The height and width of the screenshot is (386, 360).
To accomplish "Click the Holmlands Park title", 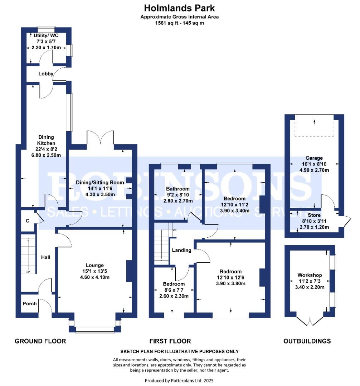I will pyautogui.click(x=179, y=8).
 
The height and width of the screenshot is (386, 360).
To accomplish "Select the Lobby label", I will pyautogui.click(x=46, y=74).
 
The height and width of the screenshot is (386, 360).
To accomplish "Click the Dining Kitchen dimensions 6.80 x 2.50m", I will pyautogui.click(x=46, y=155).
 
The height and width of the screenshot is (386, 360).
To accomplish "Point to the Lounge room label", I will pyautogui.click(x=94, y=265).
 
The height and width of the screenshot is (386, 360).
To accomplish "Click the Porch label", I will pyautogui.click(x=30, y=304).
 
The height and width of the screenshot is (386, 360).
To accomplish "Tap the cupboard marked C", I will pyautogui.click(x=27, y=221).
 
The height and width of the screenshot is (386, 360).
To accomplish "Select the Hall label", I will pyautogui.click(x=45, y=257).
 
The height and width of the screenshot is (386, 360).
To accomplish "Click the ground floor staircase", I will pyautogui.click(x=28, y=254).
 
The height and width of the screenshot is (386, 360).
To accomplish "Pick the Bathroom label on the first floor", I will pyautogui.click(x=177, y=189).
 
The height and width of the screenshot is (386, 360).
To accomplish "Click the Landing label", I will pyautogui.click(x=181, y=250).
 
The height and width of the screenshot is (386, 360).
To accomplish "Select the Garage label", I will pyautogui.click(x=314, y=158).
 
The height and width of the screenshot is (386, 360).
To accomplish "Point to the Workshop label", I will pyautogui.click(x=310, y=275).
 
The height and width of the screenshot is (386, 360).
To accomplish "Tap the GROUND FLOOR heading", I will pyautogui.click(x=40, y=341).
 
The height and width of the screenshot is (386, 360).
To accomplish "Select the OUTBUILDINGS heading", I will pyautogui.click(x=307, y=341).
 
